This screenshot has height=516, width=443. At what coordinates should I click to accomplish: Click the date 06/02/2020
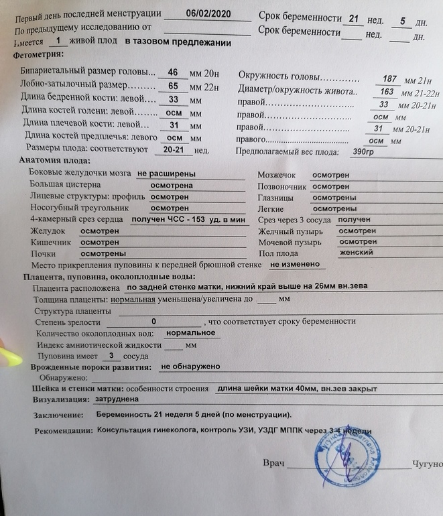pos(208,13)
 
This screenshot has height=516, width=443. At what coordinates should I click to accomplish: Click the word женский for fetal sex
pos(356,252)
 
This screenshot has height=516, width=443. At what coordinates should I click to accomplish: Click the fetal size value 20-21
pos(174,149)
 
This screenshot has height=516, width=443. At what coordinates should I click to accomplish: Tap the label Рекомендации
pos(62,431)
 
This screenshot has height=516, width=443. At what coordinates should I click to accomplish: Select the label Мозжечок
pos(279,175)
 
